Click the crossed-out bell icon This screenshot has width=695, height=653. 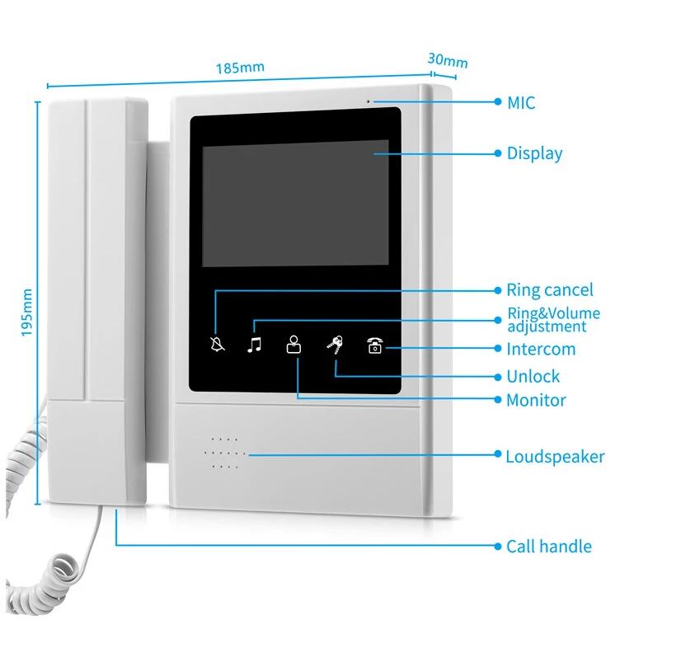[x=217, y=344]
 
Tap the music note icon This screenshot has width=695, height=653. [x=255, y=345]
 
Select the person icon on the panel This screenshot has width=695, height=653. [x=293, y=345]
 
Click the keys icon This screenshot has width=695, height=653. [x=335, y=345]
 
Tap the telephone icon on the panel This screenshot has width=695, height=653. [x=374, y=345]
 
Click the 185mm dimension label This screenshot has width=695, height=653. [x=240, y=68]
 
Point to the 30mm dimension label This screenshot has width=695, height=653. [x=448, y=60]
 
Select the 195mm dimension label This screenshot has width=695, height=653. [x=27, y=312]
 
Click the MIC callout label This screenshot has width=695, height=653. [x=521, y=103]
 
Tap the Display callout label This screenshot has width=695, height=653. [x=534, y=153]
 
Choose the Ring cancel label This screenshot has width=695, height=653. [x=550, y=290]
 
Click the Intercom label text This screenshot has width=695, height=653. [x=541, y=349]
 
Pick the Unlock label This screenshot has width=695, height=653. [x=533, y=376]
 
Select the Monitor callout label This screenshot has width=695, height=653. [x=536, y=400]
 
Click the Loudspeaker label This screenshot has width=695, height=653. [x=555, y=457]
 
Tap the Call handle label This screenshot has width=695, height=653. [x=549, y=546]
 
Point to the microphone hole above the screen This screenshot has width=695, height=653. [x=368, y=102]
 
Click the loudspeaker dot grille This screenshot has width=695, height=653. [x=225, y=453]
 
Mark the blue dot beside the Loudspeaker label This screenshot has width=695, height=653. [x=498, y=454]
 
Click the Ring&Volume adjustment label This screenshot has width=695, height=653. [x=553, y=320]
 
